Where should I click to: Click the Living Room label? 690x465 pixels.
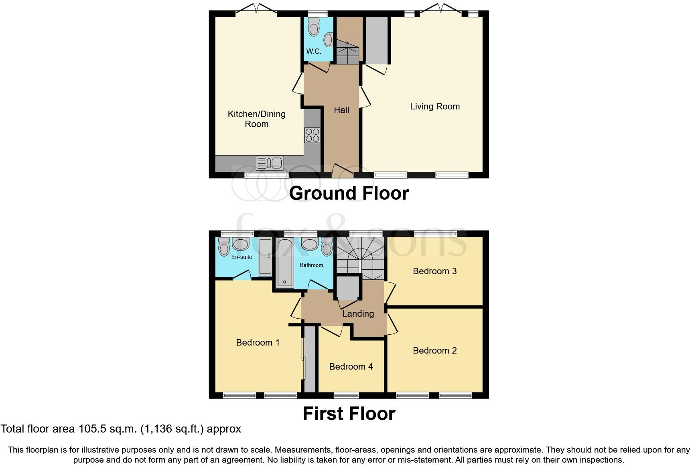[x=434, y=107]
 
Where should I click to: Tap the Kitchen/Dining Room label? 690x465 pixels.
[x=257, y=119]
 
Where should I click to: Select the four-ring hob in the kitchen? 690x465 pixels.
[x=312, y=135]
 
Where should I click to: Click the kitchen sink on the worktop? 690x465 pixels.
[x=270, y=163]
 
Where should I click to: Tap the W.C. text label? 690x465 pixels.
[x=314, y=51]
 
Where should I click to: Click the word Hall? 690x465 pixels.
[x=341, y=110]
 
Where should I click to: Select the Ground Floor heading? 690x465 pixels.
[x=349, y=193]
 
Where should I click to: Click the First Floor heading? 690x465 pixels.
[x=349, y=414]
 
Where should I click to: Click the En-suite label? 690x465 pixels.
[x=241, y=257]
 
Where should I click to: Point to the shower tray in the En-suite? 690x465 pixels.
[x=265, y=257]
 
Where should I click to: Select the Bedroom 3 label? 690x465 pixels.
[x=434, y=271]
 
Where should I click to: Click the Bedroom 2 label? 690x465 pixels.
[x=434, y=351]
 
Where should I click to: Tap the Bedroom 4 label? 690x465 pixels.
[x=351, y=367]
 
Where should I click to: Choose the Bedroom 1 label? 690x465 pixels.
[x=258, y=343]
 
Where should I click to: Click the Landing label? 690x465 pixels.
[x=358, y=314]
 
